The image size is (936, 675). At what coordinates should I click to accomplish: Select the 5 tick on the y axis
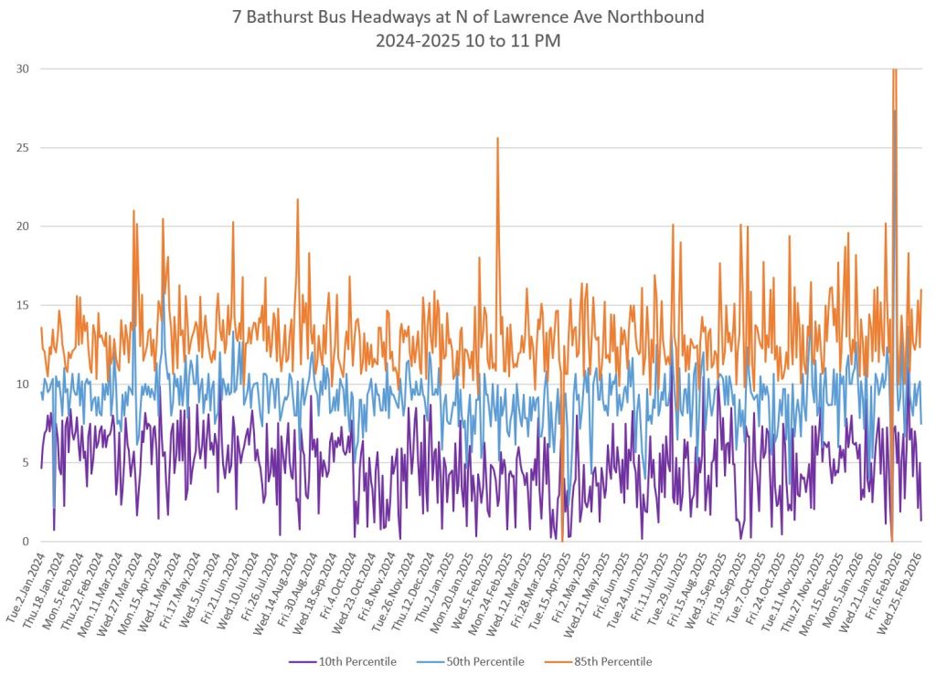click(x=22, y=463)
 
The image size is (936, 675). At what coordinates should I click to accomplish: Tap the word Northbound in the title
click(x=653, y=16)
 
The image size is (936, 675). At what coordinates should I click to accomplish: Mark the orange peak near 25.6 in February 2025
click(x=497, y=139)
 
